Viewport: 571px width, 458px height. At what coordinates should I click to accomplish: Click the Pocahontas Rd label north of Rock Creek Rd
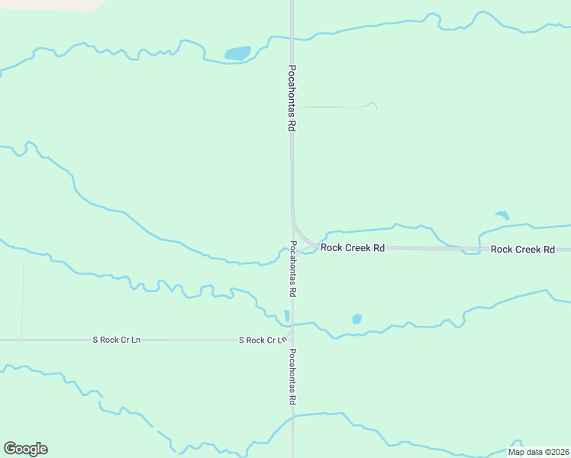291,98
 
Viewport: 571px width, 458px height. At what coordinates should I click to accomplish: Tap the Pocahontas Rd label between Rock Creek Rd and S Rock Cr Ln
292,269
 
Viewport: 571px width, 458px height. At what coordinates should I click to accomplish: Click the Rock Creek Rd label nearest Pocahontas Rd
352,248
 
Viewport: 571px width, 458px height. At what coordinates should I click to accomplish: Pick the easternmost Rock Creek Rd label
522,250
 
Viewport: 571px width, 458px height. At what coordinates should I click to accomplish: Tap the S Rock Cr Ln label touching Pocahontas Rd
262,340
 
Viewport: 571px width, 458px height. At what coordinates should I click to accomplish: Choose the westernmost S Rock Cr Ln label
117,340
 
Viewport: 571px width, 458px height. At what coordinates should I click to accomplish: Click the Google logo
25,449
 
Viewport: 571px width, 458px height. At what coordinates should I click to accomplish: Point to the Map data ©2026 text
537,452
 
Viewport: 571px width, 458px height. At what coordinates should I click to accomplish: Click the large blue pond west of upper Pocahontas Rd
237,53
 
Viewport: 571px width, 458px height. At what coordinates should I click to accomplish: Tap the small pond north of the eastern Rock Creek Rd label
502,215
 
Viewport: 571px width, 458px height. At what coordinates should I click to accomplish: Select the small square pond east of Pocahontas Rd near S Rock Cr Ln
356,318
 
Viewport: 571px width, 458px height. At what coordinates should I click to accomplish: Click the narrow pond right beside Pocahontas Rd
287,315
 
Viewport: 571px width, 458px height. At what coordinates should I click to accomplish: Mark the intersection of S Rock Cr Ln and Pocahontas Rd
292,340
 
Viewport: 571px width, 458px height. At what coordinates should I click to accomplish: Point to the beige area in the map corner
53,4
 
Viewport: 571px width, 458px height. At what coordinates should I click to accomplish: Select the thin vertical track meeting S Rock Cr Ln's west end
22,298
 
